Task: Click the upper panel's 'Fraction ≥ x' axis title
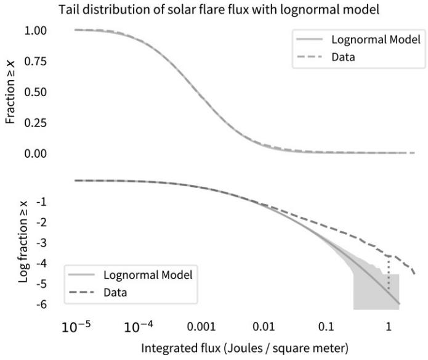(x=10, y=91)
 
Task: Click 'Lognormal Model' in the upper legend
(x=376, y=41)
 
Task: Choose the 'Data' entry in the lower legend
(x=115, y=292)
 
